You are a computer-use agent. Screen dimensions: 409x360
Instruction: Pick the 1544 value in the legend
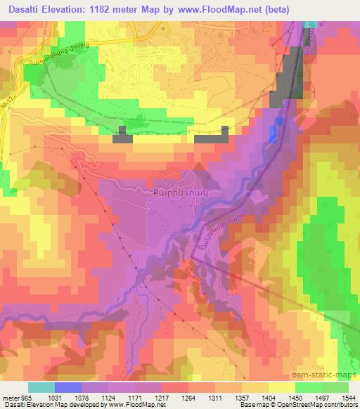(349, 398)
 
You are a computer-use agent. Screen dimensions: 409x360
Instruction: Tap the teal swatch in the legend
(41, 387)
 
